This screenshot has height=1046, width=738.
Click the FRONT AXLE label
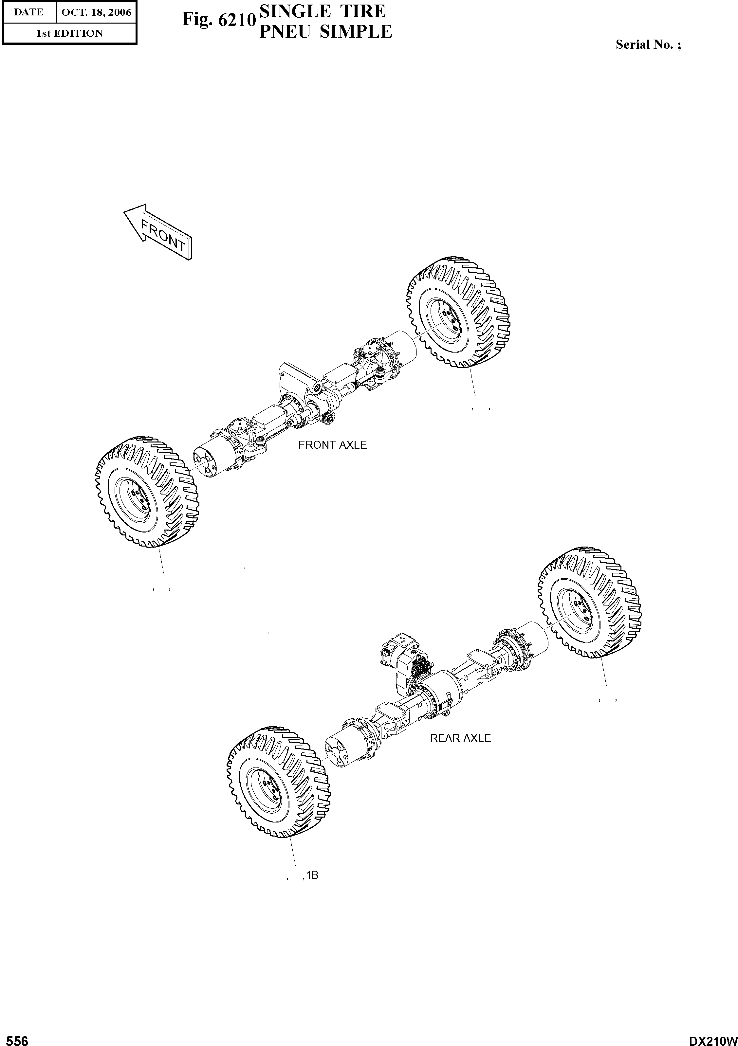click(x=332, y=445)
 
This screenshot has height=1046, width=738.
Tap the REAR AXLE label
click(x=460, y=738)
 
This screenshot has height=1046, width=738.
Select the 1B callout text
click(x=312, y=875)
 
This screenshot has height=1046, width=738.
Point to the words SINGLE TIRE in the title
click(x=322, y=11)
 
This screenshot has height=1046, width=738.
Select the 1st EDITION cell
click(x=69, y=33)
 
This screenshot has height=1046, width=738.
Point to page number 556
click(x=15, y=1040)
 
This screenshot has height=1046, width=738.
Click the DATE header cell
click(x=29, y=12)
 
